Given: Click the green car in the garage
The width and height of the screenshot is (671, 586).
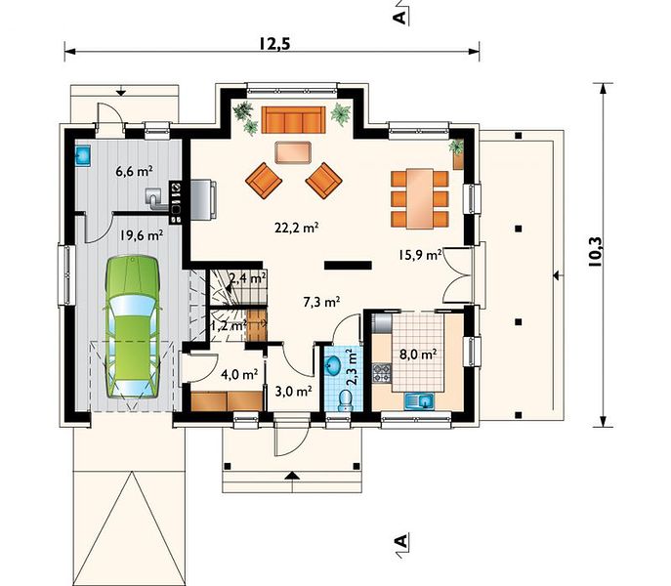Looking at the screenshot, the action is (x=133, y=327).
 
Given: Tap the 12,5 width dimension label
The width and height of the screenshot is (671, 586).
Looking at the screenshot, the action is (x=274, y=44).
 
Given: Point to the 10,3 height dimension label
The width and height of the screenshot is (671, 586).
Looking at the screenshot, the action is (x=595, y=252).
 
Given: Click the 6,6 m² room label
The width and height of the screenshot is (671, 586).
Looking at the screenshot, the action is (x=135, y=171).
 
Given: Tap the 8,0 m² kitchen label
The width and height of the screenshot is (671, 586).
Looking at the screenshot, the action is (x=418, y=355).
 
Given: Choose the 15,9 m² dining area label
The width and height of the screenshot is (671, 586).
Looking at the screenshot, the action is (x=420, y=255).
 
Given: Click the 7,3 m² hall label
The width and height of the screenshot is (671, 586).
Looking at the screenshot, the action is (x=321, y=302).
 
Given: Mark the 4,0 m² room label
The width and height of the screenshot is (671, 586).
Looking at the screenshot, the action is (x=239, y=374).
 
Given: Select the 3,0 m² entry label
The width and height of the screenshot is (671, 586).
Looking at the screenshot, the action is (x=293, y=391).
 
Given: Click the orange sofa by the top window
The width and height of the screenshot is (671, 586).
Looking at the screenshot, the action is (x=293, y=120).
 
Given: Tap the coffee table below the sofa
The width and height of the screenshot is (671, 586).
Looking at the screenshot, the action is (x=293, y=152).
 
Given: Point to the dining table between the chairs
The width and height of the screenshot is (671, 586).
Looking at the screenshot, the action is (x=420, y=198).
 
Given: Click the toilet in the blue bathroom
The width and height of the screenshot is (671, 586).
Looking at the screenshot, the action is (x=345, y=400).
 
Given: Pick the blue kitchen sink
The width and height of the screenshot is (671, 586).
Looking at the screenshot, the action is (x=419, y=401).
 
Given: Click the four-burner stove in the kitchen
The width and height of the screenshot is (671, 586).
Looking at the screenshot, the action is (x=382, y=372).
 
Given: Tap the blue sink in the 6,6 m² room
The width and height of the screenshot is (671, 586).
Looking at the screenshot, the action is (x=82, y=155).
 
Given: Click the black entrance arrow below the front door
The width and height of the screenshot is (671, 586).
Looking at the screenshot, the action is (x=292, y=475).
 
